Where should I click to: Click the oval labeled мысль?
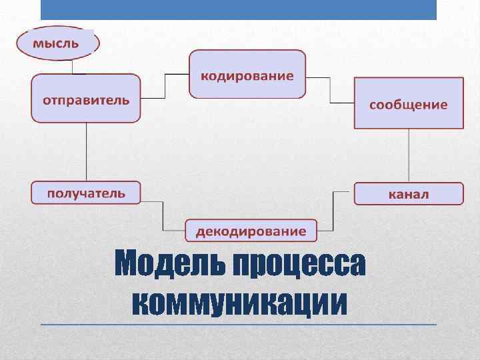coord(58,43)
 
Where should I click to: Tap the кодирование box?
coord(247,75)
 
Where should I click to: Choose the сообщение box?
coord(408,103)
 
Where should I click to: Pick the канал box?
coord(408,193)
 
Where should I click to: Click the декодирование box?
coord(251,230)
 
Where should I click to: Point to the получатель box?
coord(86,193)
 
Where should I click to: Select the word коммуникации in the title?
coord(240,303)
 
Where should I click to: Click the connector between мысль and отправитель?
coord(72,67)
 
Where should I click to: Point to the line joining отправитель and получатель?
coord(87,151)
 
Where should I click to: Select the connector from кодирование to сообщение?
coord(330,90)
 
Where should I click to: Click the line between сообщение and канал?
coord(408,155)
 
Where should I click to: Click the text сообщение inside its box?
coord(408,105)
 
